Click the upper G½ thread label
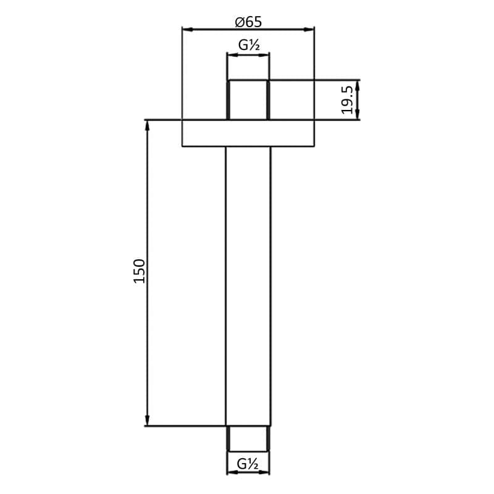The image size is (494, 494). pos(248,44)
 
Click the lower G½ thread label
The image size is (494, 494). pos(248,463)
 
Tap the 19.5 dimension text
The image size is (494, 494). pos(348,99)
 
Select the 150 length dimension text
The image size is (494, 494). pos(140,271)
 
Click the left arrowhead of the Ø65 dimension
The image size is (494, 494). pos(186,29)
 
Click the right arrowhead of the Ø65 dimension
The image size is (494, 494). pos(311,29)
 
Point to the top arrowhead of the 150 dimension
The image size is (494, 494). pos(148,124)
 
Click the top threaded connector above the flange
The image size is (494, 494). pos(248,99)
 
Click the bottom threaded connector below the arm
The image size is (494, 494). pos(248,438)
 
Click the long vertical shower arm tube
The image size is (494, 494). pos(248,284)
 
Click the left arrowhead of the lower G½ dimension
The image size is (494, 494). pos(231,473)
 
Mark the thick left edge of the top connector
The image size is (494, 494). pos(228,100)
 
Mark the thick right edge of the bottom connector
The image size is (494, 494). pos(268,439)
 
